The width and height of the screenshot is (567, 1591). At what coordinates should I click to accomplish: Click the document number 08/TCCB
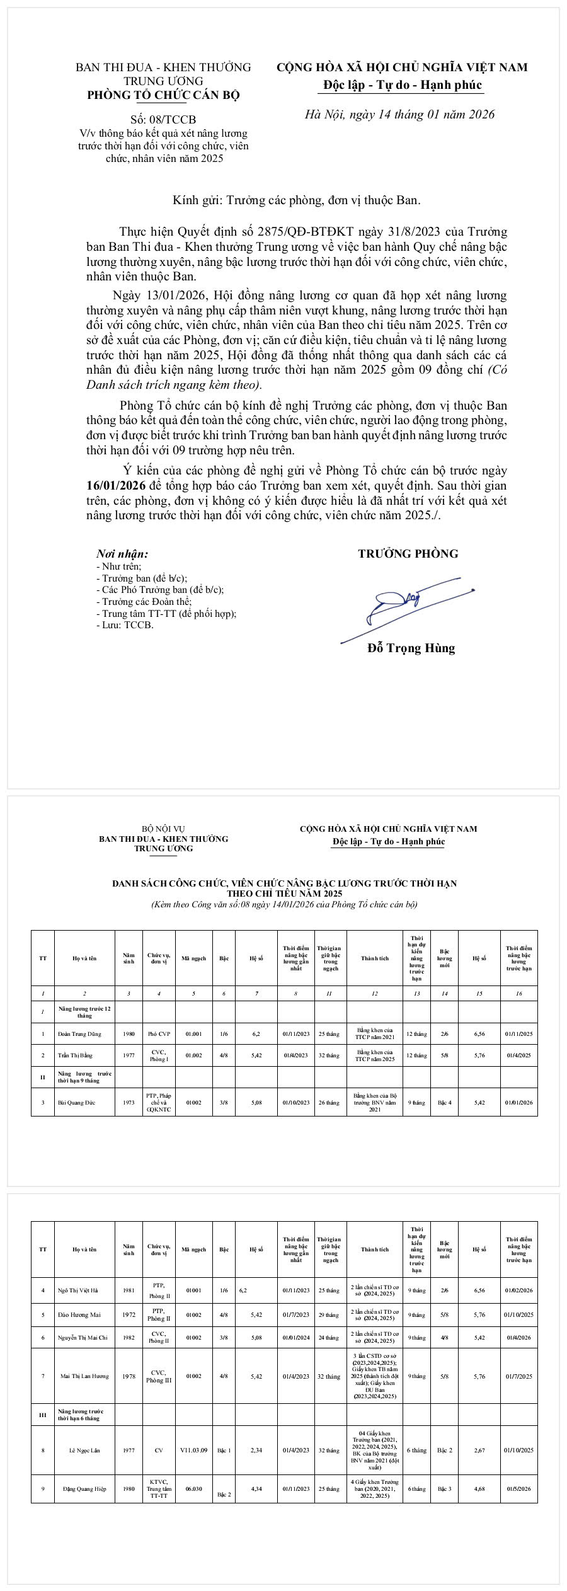click(x=163, y=120)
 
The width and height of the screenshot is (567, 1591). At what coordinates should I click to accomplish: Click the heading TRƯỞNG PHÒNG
click(x=408, y=554)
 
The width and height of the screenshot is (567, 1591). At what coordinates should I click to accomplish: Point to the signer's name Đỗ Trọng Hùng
click(x=411, y=648)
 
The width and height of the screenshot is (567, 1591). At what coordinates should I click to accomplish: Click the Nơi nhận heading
click(x=122, y=554)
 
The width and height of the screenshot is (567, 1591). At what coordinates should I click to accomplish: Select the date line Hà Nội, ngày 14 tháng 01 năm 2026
click(x=399, y=114)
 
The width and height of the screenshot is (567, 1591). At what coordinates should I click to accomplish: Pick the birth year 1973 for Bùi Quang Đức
click(x=129, y=1103)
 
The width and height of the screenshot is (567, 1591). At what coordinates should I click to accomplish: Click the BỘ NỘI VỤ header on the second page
click(x=163, y=829)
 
